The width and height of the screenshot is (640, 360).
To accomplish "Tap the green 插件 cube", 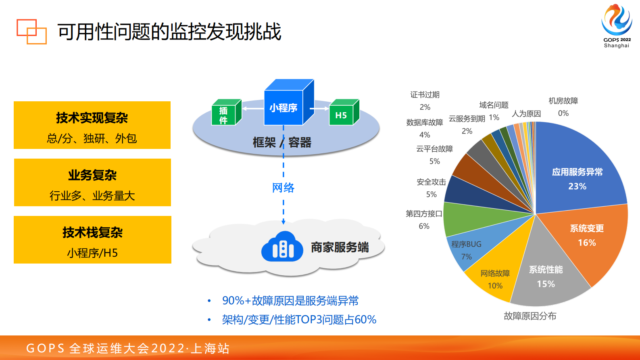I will [x=224, y=114].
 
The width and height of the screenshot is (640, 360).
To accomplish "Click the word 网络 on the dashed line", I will [x=283, y=188].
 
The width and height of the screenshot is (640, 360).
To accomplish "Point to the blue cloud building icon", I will [x=282, y=247].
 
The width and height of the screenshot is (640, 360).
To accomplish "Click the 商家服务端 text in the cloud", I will [x=340, y=247].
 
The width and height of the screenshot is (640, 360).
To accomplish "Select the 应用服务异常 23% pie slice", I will [x=577, y=174].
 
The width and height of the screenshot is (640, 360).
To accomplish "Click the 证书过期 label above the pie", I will [x=425, y=95].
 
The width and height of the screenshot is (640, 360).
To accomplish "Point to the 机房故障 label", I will [x=563, y=101].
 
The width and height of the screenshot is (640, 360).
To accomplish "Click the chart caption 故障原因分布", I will [x=530, y=316].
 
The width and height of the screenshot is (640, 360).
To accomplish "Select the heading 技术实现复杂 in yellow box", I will [x=92, y=118].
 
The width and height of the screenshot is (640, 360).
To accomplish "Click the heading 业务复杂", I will [x=92, y=175].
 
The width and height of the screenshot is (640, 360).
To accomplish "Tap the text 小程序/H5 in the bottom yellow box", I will [x=92, y=253].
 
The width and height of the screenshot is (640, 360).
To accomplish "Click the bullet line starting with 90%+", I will [x=290, y=301].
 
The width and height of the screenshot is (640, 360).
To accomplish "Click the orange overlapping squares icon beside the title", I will [x=31, y=31].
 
